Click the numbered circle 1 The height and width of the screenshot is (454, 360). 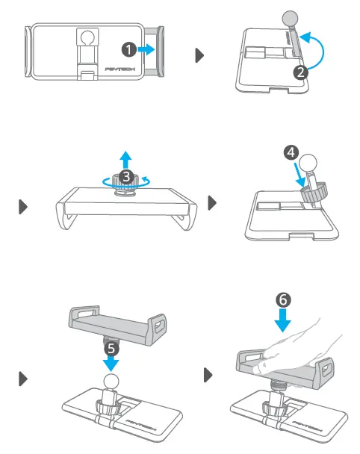[x=129, y=49]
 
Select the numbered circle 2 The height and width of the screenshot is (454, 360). [x=300, y=72]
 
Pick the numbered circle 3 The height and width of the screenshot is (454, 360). [x=126, y=176]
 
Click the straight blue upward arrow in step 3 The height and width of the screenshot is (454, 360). [x=126, y=158]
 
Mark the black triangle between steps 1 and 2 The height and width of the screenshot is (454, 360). [x=199, y=55]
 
